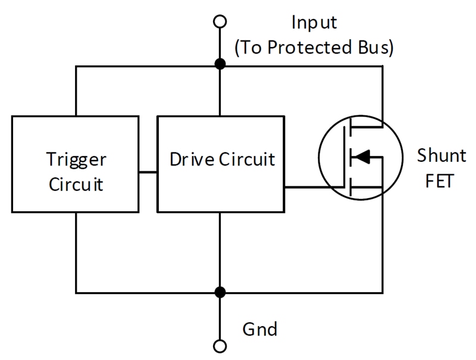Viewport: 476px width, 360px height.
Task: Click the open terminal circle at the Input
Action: pos(220,22)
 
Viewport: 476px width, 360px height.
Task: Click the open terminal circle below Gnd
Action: pos(220,346)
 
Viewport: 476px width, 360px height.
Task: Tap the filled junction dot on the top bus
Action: pos(220,64)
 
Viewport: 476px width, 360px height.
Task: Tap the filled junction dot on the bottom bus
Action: pos(220,292)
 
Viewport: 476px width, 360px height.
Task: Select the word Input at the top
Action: pos(314,23)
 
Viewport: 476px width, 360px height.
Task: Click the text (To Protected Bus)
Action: pos(314,48)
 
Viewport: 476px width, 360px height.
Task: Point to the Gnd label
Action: pos(259,328)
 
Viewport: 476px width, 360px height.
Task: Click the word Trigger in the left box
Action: pos(76,159)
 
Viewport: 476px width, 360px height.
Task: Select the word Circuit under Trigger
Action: pos(76,184)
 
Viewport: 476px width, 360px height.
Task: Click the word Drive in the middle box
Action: pos(188,159)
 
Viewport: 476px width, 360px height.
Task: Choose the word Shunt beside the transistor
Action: pos(441,156)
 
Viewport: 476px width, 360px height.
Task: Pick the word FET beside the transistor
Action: pos(441,180)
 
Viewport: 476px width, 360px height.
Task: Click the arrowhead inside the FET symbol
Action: pos(362,157)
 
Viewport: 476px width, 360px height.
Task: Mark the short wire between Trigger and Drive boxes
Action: pos(148,173)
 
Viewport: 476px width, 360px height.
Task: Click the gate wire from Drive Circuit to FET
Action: pos(312,187)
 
